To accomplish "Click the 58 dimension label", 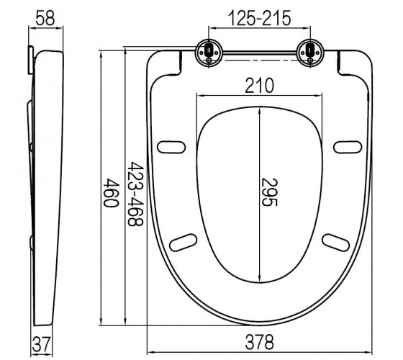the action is click(x=45, y=18).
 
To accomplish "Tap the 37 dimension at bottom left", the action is click(x=41, y=344).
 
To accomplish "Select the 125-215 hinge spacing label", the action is click(x=259, y=18).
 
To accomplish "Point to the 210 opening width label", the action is click(x=259, y=86).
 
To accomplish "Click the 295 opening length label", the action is click(x=269, y=192).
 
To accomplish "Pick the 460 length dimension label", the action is click(x=111, y=193).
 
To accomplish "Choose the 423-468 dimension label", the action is click(x=135, y=194).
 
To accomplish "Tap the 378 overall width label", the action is click(x=259, y=342).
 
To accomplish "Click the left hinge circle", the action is click(x=209, y=53).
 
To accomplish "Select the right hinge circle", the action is click(x=310, y=53).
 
